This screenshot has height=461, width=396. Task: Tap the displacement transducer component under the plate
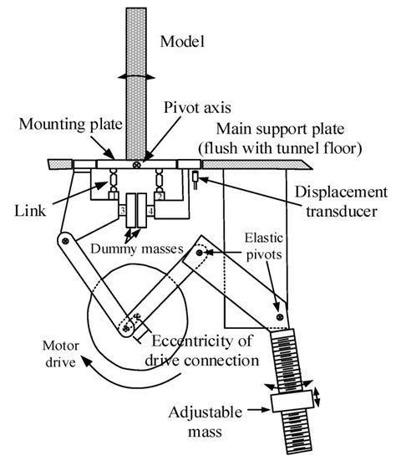(x=195, y=179)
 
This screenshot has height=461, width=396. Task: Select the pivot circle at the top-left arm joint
(x=63, y=239)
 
